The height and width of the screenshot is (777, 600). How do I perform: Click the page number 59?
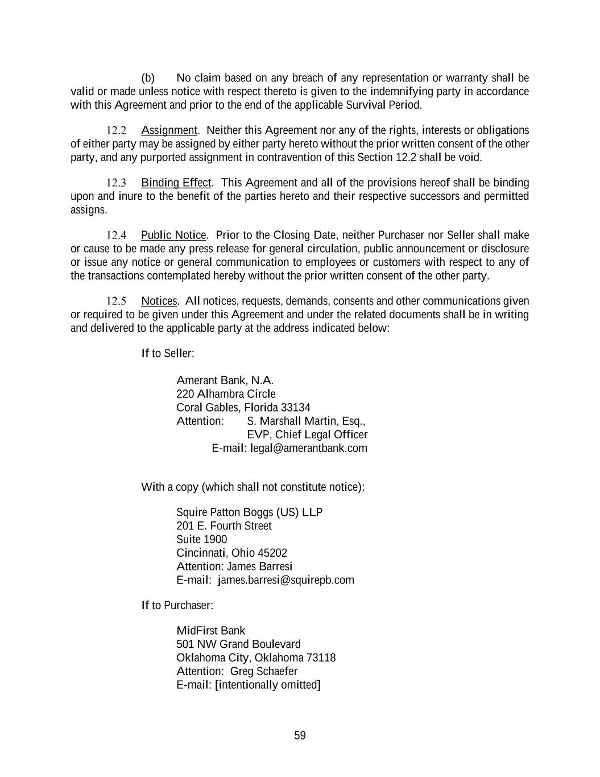coord(300,735)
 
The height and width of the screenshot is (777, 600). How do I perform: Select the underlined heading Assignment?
coord(169,130)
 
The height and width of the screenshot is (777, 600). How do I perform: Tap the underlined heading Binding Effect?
coord(176,183)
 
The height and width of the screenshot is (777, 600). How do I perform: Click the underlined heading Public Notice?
coord(173,235)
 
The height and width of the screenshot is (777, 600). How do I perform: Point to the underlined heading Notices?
coord(159,301)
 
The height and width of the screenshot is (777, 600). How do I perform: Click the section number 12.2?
coord(116,130)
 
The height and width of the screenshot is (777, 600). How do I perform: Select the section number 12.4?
coord(116,235)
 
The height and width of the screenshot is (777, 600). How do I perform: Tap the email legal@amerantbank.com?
coord(309,448)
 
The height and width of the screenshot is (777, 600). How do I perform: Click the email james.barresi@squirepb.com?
coord(286,580)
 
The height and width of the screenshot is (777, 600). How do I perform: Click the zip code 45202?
coord(272,553)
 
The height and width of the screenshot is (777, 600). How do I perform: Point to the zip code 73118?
coord(321,657)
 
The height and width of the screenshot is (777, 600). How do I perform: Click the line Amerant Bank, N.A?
coord(225,380)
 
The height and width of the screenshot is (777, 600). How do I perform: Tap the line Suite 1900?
coord(201,539)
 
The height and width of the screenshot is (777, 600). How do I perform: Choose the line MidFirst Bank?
coord(211,630)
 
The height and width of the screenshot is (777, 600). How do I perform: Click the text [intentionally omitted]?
coord(268,685)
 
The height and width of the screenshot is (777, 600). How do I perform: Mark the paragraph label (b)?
coord(148,78)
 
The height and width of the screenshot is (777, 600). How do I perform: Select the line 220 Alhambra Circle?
coord(226,394)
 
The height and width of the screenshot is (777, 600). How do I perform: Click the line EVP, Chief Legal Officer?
coord(307,434)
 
